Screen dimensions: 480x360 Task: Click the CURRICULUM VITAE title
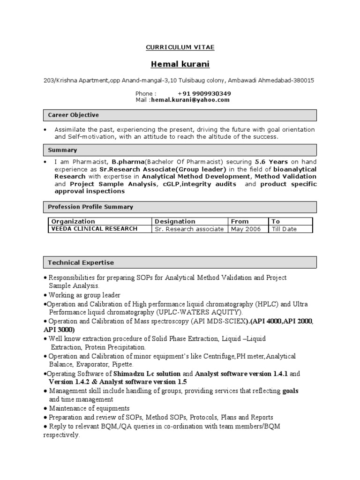180,47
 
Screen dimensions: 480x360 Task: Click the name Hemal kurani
180,64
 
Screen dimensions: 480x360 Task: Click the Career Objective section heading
74,115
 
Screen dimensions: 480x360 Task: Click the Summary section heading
63,150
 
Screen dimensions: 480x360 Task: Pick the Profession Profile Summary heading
90,207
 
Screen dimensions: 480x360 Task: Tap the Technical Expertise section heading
81,262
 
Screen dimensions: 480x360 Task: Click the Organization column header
73,221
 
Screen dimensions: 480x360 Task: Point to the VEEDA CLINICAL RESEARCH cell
94,229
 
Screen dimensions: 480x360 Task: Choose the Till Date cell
284,229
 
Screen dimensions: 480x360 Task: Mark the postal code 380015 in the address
303,80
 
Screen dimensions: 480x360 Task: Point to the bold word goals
291,391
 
